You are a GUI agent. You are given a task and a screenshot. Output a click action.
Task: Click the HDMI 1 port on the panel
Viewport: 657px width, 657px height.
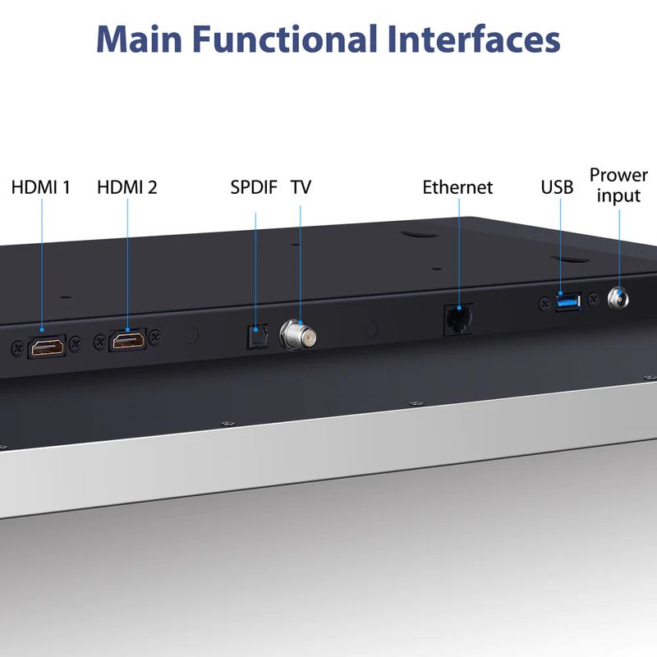[47, 347]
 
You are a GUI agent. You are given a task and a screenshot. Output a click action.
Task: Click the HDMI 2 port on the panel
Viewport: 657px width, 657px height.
[128, 340]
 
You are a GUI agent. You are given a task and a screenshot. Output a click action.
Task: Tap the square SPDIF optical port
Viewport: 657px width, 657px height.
[257, 337]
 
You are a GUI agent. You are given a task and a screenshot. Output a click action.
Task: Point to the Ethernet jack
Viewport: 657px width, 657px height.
[458, 320]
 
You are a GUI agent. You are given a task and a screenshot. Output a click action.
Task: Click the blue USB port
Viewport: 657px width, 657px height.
[568, 301]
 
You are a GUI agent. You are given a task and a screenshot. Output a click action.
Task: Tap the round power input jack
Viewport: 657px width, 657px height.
[618, 299]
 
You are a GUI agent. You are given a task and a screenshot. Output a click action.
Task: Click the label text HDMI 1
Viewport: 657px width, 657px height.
[40, 187]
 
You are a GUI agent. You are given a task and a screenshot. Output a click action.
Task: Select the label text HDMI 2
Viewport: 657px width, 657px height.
[127, 187]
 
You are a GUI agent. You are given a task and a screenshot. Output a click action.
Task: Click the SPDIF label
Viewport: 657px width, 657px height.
[254, 187]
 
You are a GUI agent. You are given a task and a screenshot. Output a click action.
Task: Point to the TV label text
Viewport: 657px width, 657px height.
[301, 187]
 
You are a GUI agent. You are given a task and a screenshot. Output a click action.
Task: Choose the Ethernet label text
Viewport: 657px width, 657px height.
[457, 187]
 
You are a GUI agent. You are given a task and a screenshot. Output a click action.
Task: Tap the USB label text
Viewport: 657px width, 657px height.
[557, 187]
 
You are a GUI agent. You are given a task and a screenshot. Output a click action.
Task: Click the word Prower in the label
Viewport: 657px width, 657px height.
[618, 175]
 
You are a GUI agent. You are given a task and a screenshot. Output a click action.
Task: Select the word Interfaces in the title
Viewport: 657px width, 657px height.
[474, 39]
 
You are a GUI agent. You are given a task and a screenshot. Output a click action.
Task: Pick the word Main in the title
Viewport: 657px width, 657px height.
[140, 39]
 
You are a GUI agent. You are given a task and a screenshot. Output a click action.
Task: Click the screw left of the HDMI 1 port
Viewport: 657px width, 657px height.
[17, 347]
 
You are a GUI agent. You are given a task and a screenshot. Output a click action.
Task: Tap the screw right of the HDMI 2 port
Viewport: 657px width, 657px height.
[155, 336]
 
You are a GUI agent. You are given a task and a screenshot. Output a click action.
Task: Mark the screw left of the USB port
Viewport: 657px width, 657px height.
[544, 303]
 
